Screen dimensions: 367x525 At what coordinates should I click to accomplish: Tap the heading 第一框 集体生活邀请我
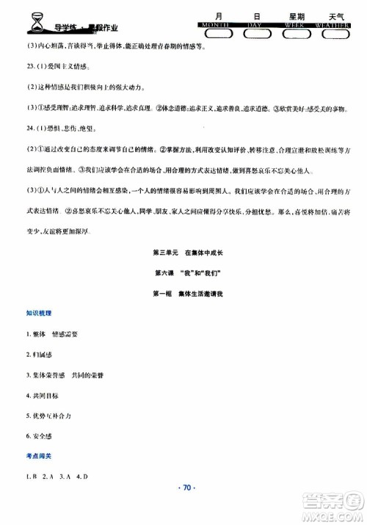(x=183, y=293)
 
